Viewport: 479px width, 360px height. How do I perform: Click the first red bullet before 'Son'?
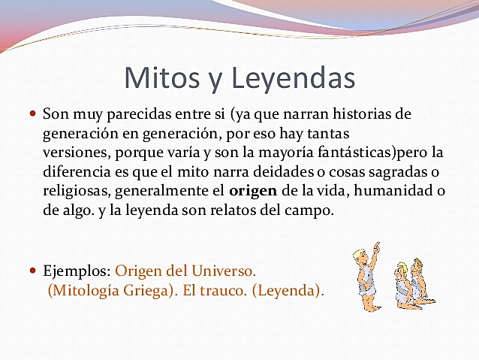pyautogui.click(x=32, y=114)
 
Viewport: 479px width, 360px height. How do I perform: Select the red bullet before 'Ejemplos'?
pyautogui.click(x=32, y=269)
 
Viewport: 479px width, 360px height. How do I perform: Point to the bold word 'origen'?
pyautogui.click(x=252, y=192)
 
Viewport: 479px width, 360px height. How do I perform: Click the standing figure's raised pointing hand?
pyautogui.click(x=376, y=247)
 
